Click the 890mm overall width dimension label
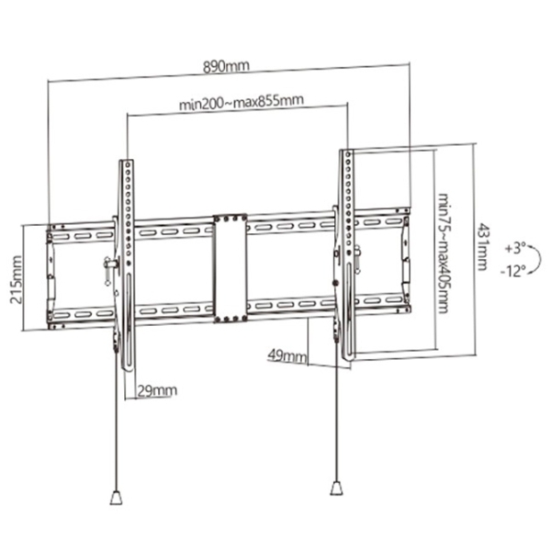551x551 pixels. (x=226, y=66)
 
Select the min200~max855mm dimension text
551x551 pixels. (x=242, y=102)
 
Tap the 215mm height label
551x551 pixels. (x=16, y=280)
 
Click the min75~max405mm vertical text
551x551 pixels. (x=444, y=253)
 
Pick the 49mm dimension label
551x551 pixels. (x=287, y=356)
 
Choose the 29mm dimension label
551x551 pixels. (x=157, y=390)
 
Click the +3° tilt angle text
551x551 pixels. (x=515, y=249)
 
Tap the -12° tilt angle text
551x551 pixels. (x=513, y=271)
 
